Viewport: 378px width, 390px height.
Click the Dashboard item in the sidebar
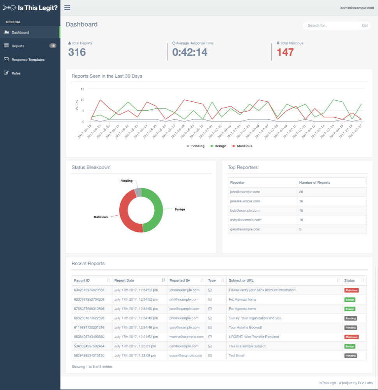tap(20, 32)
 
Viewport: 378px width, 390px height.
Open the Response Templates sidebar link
tap(28, 60)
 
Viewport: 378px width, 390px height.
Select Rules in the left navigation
tap(16, 73)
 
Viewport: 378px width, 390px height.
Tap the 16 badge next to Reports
tap(53, 46)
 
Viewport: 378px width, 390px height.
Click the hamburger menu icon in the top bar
tap(67, 7)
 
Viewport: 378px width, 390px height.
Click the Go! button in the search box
tap(365, 25)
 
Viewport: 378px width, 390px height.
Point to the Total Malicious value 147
tap(285, 52)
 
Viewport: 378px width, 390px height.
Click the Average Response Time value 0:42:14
tap(190, 52)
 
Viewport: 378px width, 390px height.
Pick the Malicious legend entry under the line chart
tap(242, 146)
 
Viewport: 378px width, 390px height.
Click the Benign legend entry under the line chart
tap(220, 146)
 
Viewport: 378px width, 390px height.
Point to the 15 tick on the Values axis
tap(82, 89)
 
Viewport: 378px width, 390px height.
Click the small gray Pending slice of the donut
tap(138, 192)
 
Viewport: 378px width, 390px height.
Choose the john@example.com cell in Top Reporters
tap(245, 192)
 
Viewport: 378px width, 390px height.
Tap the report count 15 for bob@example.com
tap(301, 211)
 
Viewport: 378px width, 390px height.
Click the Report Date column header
tap(125, 280)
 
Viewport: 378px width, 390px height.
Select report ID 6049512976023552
tap(89, 290)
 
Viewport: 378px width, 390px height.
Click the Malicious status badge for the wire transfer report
tap(351, 337)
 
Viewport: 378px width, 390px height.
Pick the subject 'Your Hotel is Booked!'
tap(245, 328)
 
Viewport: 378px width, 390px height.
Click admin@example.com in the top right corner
tap(357, 8)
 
